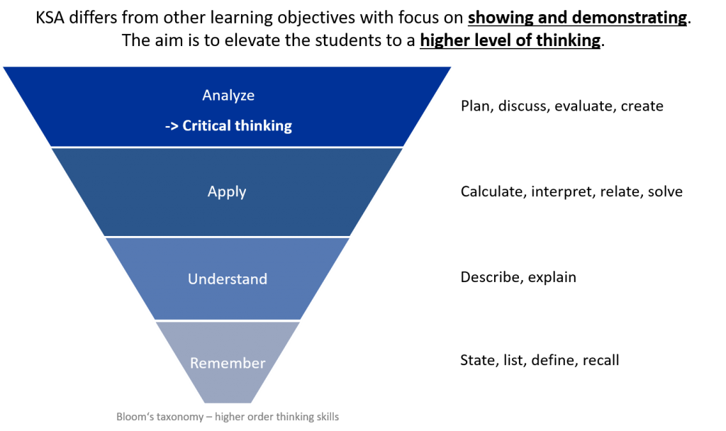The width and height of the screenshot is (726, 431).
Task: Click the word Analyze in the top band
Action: tap(228, 95)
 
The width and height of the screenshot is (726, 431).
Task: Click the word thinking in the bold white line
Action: tap(263, 126)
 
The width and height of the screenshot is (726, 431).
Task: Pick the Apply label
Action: tap(227, 191)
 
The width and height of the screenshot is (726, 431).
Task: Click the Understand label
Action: tap(227, 279)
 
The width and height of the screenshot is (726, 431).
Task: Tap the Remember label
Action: tap(228, 364)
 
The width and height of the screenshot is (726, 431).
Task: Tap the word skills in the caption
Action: tap(336, 416)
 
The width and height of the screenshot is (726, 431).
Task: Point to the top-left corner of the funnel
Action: tap(2, 67)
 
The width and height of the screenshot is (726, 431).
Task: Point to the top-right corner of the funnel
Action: tap(452, 67)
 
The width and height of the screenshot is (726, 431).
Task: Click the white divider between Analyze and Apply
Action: tap(227, 147)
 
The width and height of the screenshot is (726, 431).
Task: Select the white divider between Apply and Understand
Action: tap(227, 236)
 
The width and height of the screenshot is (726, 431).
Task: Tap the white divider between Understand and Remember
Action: tap(227, 320)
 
